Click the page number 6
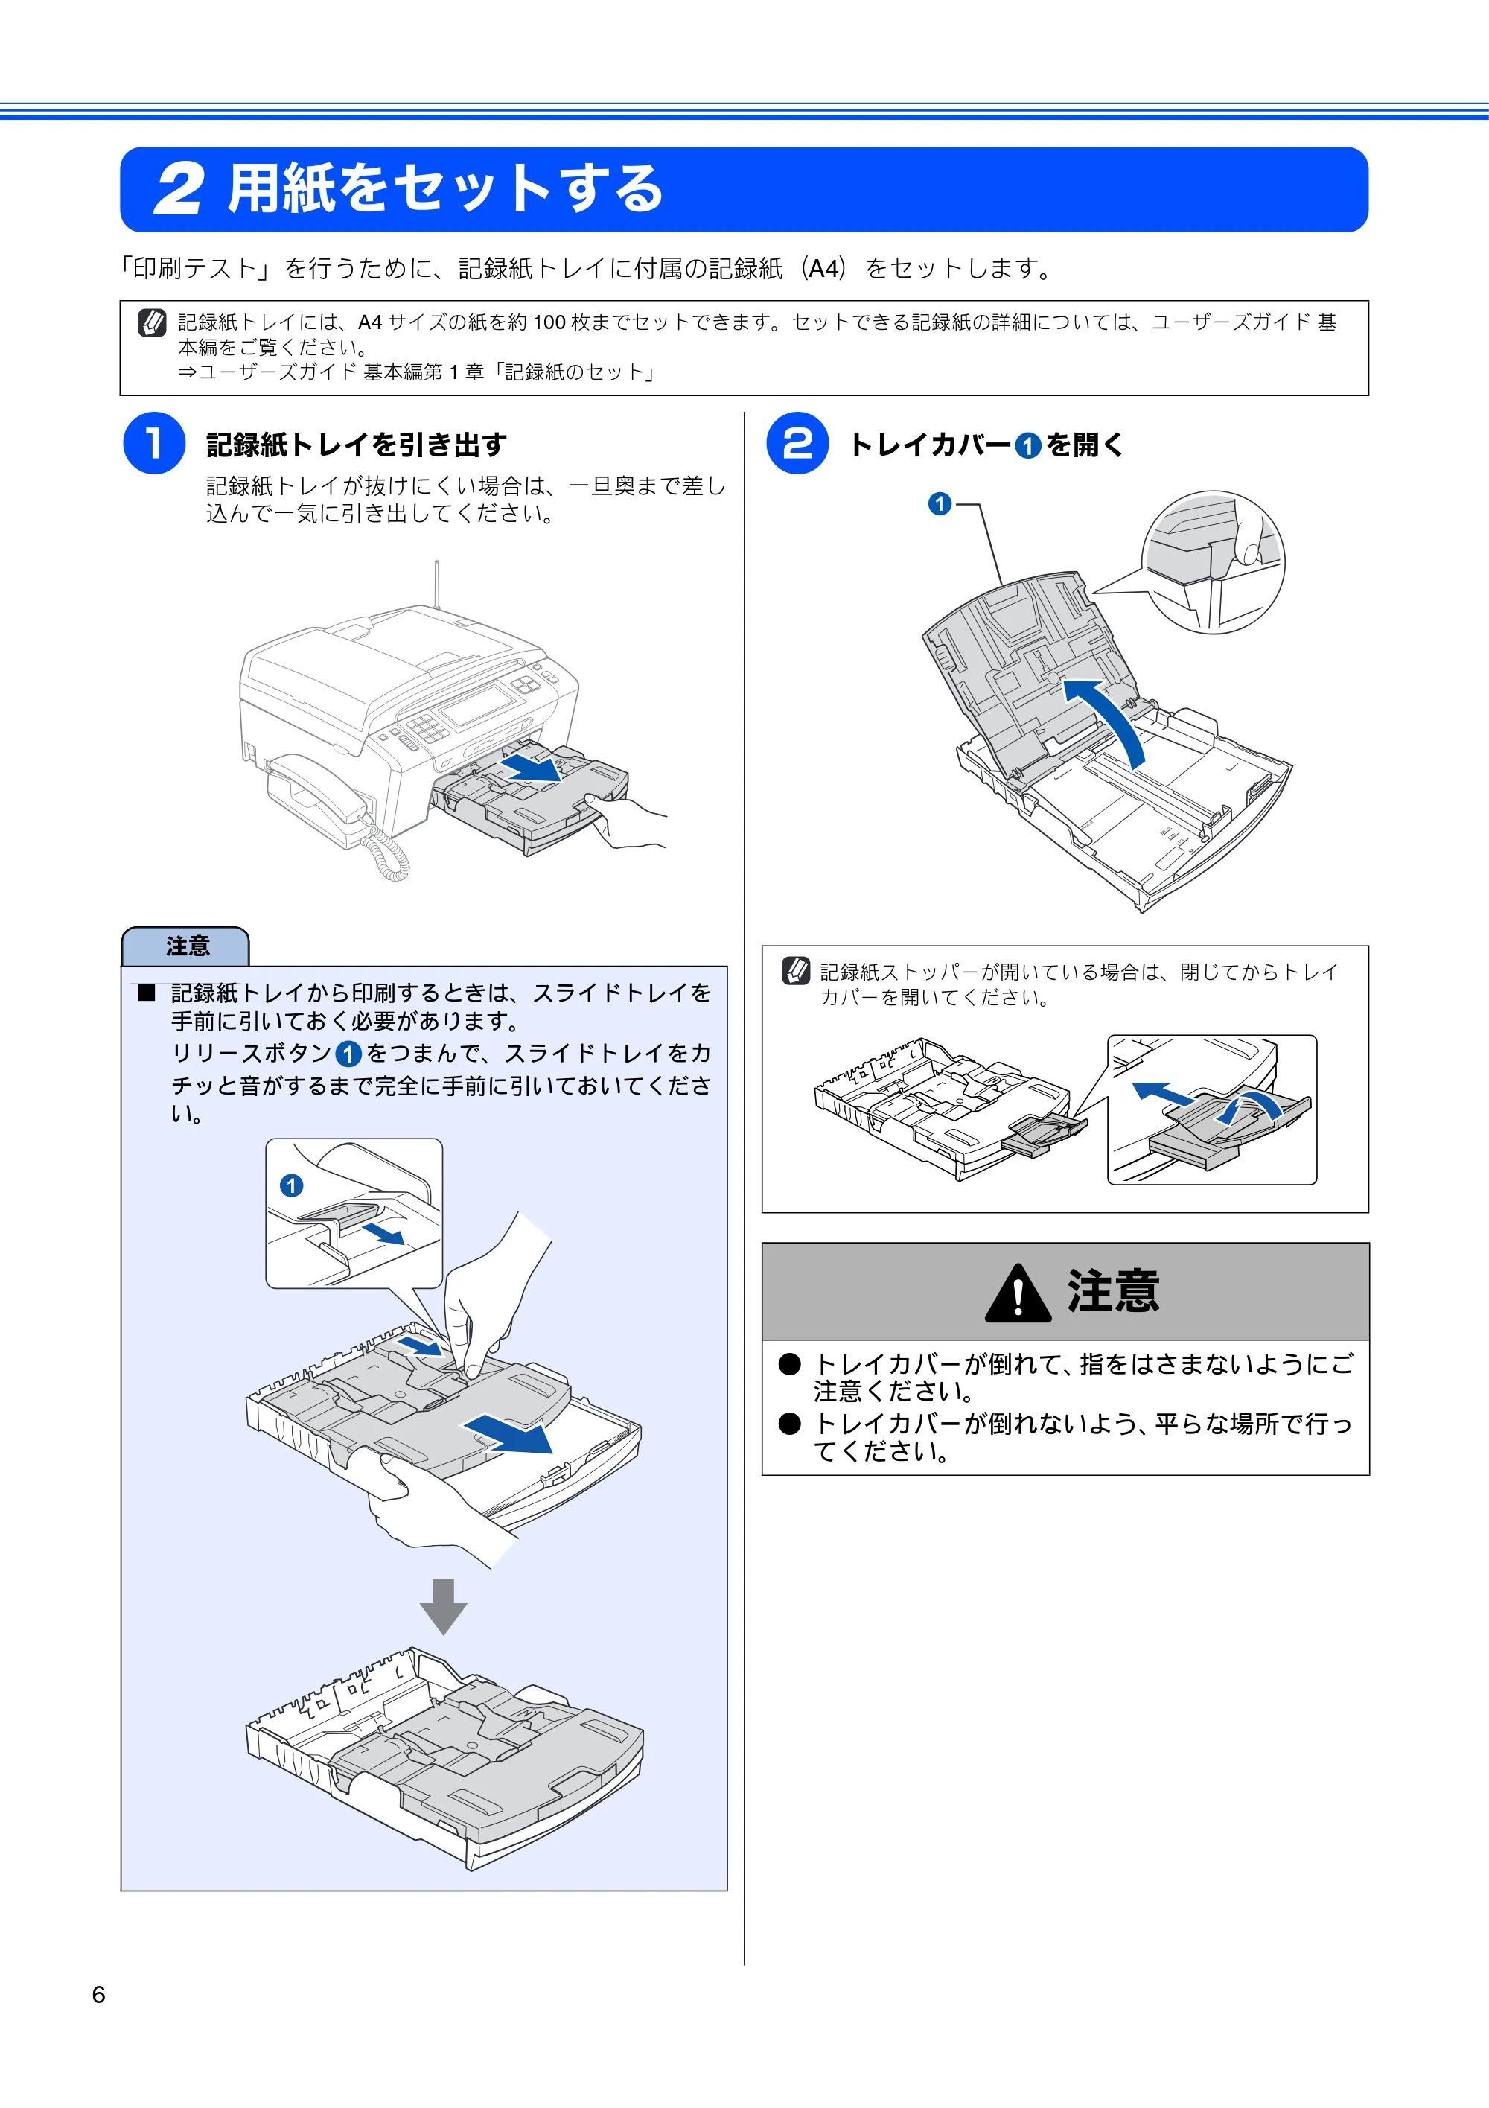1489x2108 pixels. (x=98, y=1994)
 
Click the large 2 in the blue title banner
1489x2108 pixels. (x=178, y=190)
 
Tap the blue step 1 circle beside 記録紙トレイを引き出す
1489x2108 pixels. (x=154, y=444)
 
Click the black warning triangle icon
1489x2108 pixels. (x=1017, y=1293)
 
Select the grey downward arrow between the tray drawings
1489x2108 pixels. (x=444, y=1606)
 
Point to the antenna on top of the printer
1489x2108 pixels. (x=437, y=584)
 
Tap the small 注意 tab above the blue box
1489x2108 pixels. (x=185, y=946)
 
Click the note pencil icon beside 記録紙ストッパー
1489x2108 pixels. (x=796, y=970)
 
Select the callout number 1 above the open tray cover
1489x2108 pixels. (x=939, y=504)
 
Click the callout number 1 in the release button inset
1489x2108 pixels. (x=291, y=1185)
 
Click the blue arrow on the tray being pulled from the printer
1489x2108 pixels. (x=532, y=768)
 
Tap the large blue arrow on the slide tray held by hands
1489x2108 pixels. (x=508, y=1433)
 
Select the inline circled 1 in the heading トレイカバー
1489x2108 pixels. (x=1027, y=446)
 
